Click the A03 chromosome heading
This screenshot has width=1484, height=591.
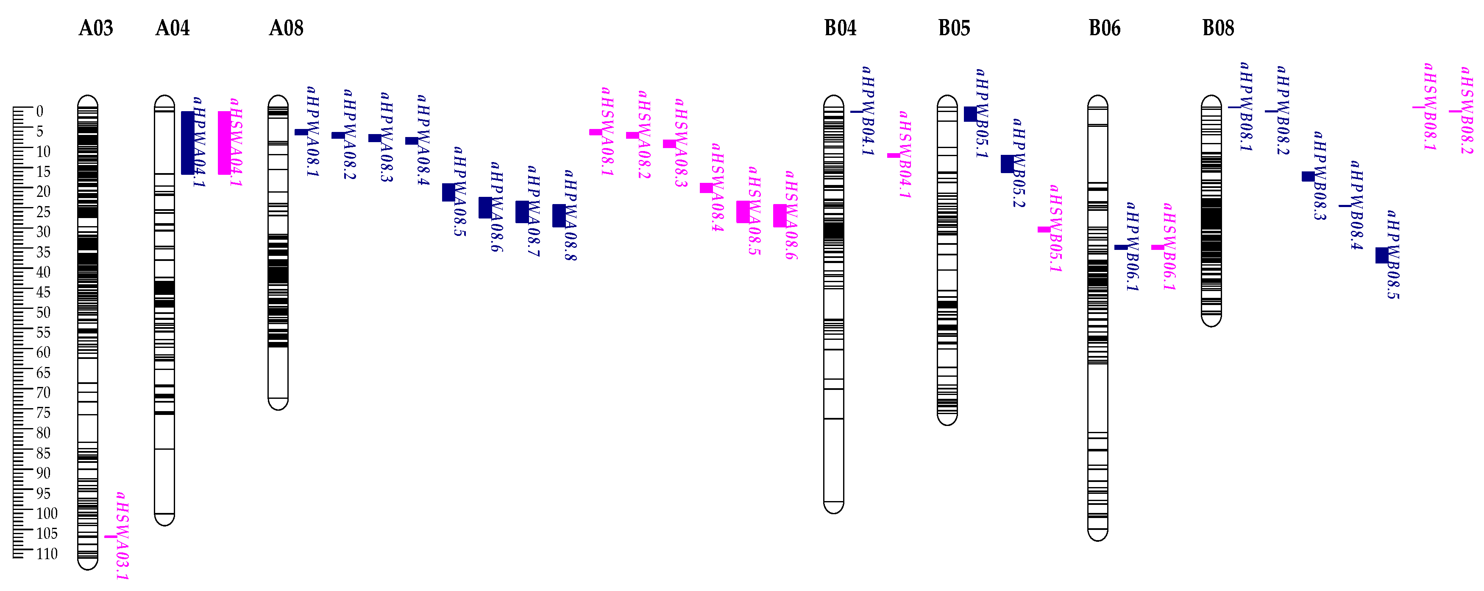coord(96,28)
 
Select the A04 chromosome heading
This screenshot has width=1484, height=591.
coord(172,28)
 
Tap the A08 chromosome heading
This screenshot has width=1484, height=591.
coord(286,28)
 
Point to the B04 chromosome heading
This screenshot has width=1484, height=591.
coord(840,28)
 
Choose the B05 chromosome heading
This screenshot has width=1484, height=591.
coord(954,28)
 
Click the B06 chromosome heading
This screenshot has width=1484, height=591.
coord(1104,28)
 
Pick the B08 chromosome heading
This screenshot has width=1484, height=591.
coord(1218,28)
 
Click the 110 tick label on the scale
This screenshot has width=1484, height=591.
coord(47,554)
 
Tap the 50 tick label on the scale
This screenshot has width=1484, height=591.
coord(43,312)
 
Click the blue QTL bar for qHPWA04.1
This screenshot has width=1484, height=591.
coord(187,143)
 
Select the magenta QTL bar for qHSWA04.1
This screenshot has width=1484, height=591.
coord(224,143)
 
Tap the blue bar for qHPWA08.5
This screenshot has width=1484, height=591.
coord(448,192)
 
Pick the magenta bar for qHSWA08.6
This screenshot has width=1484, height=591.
coord(780,216)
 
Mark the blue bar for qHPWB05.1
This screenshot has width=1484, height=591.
coord(970,114)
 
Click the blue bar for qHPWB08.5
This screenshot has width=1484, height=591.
coord(1381,255)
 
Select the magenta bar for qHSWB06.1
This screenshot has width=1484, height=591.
coord(1157,247)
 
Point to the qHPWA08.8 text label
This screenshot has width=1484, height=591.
coord(570,215)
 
